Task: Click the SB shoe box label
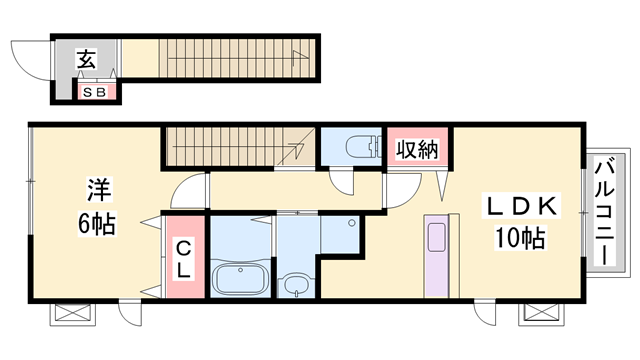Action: (94, 93)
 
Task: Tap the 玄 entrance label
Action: (87, 59)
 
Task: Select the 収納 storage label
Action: (418, 149)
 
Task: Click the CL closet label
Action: (184, 259)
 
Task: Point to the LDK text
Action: (521, 206)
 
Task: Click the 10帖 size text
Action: (520, 238)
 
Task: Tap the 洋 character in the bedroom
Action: (99, 189)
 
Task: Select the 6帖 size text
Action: (97, 223)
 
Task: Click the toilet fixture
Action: (363, 147)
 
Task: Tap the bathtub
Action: (240, 279)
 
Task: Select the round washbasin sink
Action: (296, 284)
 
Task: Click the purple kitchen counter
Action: (436, 256)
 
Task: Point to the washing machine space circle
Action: (351, 223)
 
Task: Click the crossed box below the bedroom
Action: (73, 314)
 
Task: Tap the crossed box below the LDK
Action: (542, 314)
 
